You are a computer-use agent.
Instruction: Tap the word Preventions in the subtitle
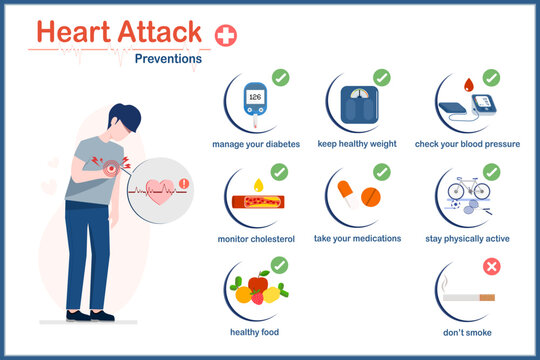coord(168,58)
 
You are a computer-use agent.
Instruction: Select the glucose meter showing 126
coord(254,104)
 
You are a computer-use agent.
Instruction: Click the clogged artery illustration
coord(261,202)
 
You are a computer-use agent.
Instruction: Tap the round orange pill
coord(371,196)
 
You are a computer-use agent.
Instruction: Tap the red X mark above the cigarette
coord(491,267)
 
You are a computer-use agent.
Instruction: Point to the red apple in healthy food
coord(258,285)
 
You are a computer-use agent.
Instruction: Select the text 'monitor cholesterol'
coord(255,239)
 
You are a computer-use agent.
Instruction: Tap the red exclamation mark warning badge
coord(185,183)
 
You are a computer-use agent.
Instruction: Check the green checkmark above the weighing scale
coord(381,77)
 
